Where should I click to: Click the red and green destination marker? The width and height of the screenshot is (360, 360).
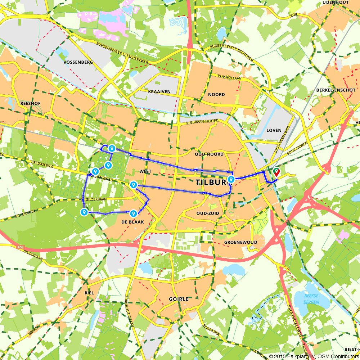(x=276, y=172)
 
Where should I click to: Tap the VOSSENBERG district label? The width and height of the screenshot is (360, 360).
(x=78, y=62)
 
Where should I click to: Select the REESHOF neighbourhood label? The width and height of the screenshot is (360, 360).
(x=31, y=103)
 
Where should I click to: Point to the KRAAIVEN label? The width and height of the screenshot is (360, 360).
(x=159, y=92)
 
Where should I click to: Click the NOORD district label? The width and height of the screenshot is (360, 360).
(x=216, y=95)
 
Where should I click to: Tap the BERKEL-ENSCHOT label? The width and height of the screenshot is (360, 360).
(x=336, y=90)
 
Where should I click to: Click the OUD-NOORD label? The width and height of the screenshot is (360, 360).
(x=209, y=154)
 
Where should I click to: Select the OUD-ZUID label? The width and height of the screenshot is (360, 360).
(x=208, y=213)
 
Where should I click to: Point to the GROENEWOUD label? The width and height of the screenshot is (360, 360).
(x=241, y=242)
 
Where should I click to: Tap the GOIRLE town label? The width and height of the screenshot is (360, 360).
(x=179, y=299)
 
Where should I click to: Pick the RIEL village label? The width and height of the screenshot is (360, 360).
(x=89, y=293)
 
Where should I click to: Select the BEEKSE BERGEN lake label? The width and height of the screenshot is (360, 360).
(x=311, y=299)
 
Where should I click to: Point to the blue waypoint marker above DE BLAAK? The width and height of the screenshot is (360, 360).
(x=134, y=213)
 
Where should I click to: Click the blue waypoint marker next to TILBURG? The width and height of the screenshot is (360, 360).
(x=231, y=179)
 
